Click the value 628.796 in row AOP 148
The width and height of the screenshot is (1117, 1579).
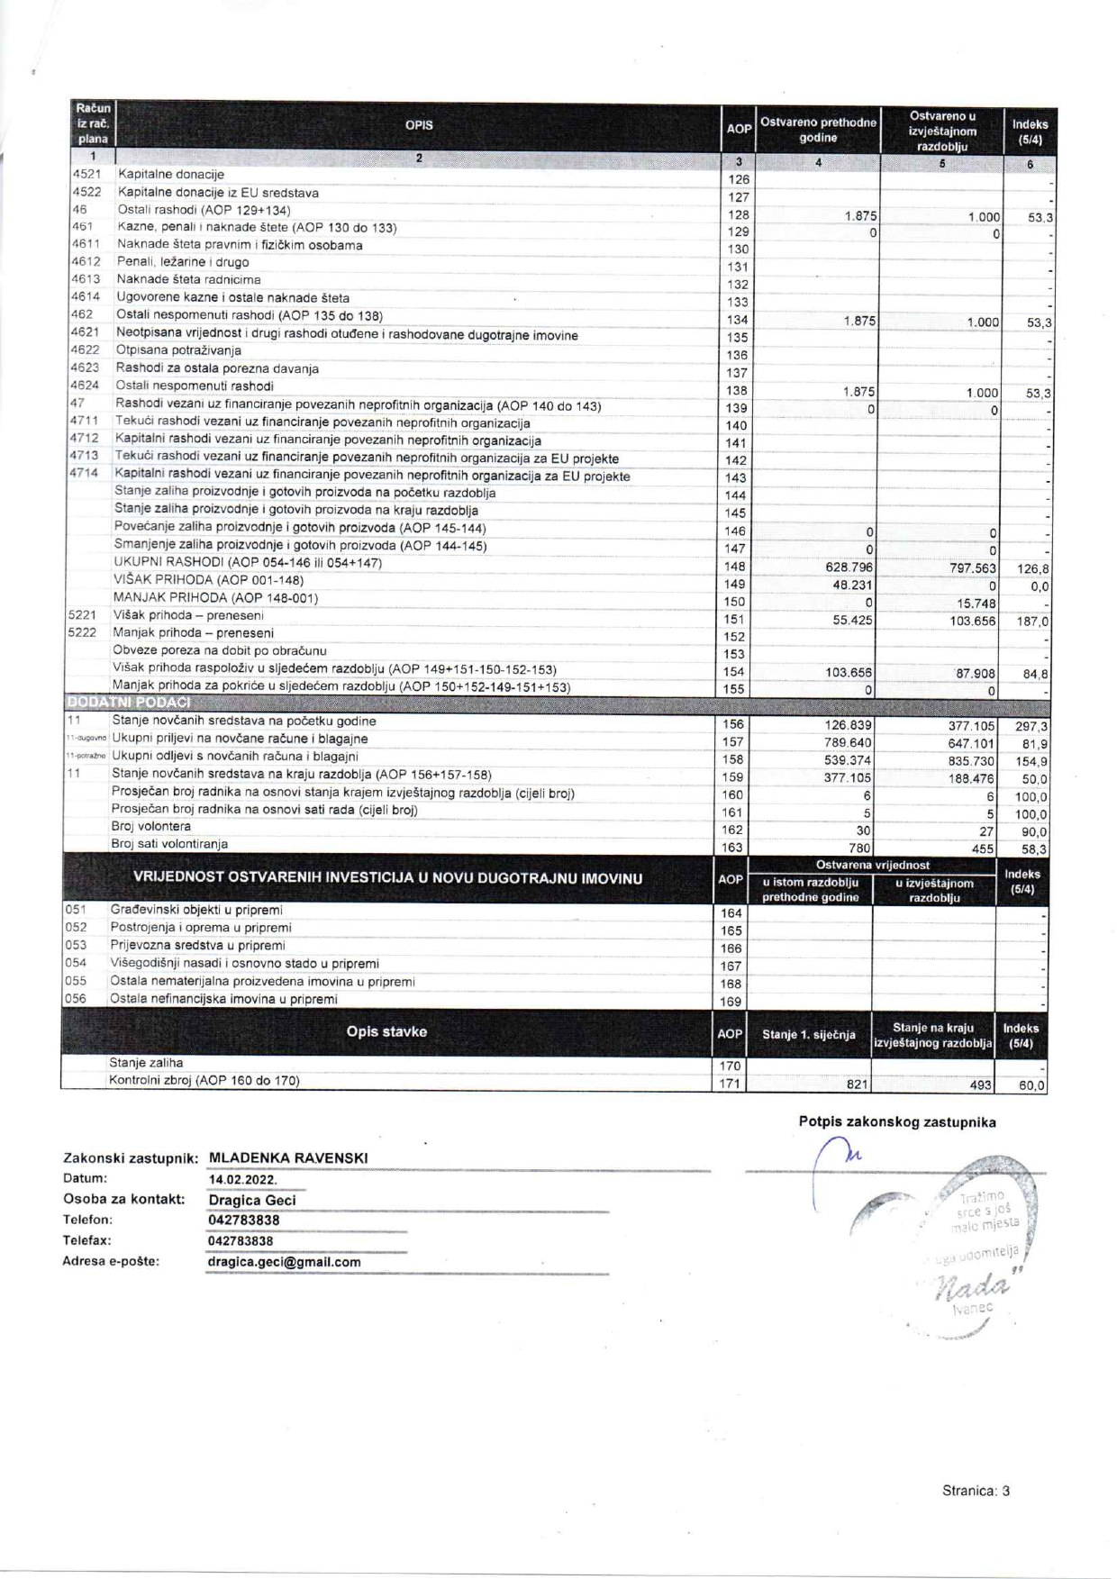(847, 567)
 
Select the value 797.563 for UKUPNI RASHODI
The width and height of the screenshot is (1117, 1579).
(973, 568)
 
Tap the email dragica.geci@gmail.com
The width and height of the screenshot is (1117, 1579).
(284, 1262)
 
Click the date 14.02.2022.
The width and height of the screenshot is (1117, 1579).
(242, 1179)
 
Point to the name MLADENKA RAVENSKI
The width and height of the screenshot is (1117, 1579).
(288, 1157)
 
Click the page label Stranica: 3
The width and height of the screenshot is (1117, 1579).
(976, 1491)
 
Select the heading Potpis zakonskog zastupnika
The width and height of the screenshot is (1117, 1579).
(897, 1121)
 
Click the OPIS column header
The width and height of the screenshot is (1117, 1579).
(419, 125)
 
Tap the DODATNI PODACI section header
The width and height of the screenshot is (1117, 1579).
(128, 702)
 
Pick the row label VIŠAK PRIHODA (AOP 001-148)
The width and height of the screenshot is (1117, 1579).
(208, 580)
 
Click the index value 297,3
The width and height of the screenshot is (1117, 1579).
(1031, 726)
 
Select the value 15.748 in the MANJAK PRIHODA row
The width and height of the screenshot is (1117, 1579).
(976, 603)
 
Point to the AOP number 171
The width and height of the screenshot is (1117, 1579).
(731, 1084)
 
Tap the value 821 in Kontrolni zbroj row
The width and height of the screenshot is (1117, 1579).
(858, 1084)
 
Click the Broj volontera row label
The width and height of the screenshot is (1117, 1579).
(151, 826)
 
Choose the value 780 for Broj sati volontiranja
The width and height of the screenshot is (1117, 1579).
(859, 848)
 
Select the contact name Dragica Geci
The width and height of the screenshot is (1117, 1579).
(252, 1200)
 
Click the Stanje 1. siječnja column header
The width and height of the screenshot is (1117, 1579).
(808, 1034)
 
